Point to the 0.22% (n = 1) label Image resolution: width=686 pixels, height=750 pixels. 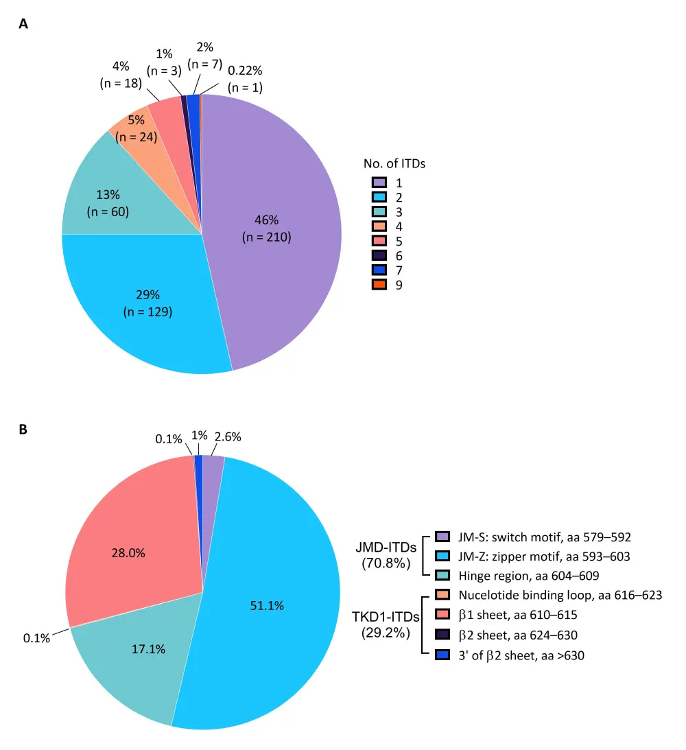tap(245, 80)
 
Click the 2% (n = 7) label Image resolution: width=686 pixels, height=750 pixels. tap(204, 56)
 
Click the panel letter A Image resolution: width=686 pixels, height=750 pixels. tap(24, 24)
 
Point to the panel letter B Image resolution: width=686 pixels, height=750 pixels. tap(24, 430)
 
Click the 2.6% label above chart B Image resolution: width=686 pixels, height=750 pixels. tap(228, 436)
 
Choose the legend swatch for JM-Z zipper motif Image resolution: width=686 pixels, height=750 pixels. tap(442, 556)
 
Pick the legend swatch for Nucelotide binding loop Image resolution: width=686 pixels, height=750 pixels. tap(442, 595)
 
